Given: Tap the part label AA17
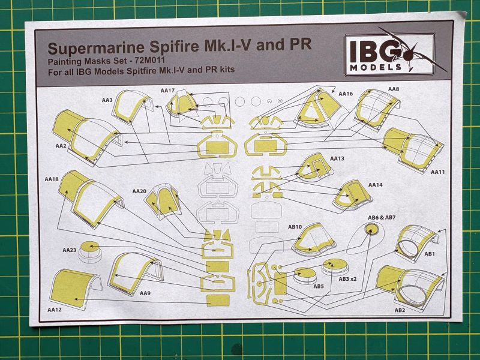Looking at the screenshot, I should [167, 91].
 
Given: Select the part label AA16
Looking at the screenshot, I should [346, 94].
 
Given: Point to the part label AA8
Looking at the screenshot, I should [394, 89].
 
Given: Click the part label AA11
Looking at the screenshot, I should [438, 172].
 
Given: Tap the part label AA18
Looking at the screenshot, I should [52, 179].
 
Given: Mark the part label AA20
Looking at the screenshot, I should [139, 190].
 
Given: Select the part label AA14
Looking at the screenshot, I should [375, 185].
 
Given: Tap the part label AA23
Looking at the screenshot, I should [70, 249].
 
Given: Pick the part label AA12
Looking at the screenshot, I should [55, 310].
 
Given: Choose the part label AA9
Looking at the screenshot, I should [145, 294].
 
